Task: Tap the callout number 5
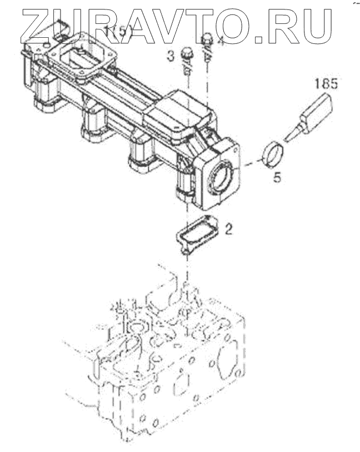click(x=277, y=179)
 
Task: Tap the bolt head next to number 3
click(x=187, y=55)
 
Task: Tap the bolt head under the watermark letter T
click(x=207, y=39)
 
